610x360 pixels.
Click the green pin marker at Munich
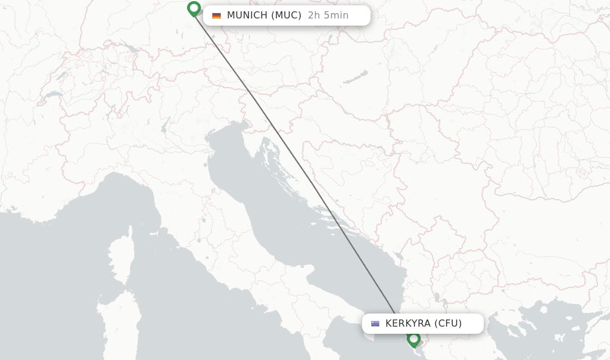(194, 9)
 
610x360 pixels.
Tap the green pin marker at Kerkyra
(413, 339)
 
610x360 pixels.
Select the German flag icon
(216, 15)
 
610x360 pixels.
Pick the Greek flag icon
(375, 324)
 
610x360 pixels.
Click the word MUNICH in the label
(247, 15)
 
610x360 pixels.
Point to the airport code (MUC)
(287, 15)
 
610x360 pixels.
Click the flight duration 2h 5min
(328, 15)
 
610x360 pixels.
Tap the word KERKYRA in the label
(407, 324)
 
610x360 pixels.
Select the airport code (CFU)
(447, 324)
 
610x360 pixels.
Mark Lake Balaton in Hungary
(356, 77)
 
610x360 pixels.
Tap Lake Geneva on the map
(53, 94)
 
